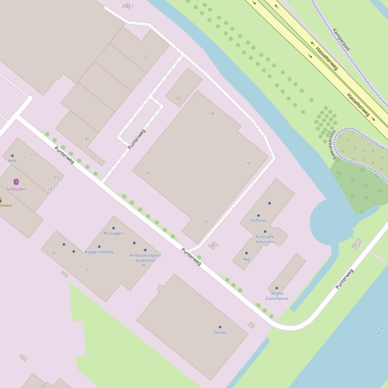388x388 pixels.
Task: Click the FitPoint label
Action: (258, 221)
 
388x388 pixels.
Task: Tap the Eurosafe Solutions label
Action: (265, 239)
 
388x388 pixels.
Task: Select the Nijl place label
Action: (246, 259)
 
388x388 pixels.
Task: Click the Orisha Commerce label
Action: (277, 296)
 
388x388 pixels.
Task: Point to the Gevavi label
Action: (220, 333)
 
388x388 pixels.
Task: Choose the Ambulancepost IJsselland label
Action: (145, 258)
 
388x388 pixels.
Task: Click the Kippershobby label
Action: (99, 252)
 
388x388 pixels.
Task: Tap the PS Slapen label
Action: (113, 233)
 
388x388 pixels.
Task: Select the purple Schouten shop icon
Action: (16, 181)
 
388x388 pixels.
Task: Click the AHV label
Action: (12, 161)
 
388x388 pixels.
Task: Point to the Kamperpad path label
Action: (342, 39)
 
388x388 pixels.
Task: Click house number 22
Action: (146, 56)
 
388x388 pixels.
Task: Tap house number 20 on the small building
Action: (178, 98)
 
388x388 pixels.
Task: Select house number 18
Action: (212, 114)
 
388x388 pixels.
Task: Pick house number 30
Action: (86, 139)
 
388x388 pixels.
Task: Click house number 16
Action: (148, 173)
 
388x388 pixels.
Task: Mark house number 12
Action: (206, 221)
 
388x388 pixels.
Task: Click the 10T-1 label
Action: (214, 246)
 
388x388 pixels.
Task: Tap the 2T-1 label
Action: (356, 246)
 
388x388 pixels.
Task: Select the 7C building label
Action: (54, 253)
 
